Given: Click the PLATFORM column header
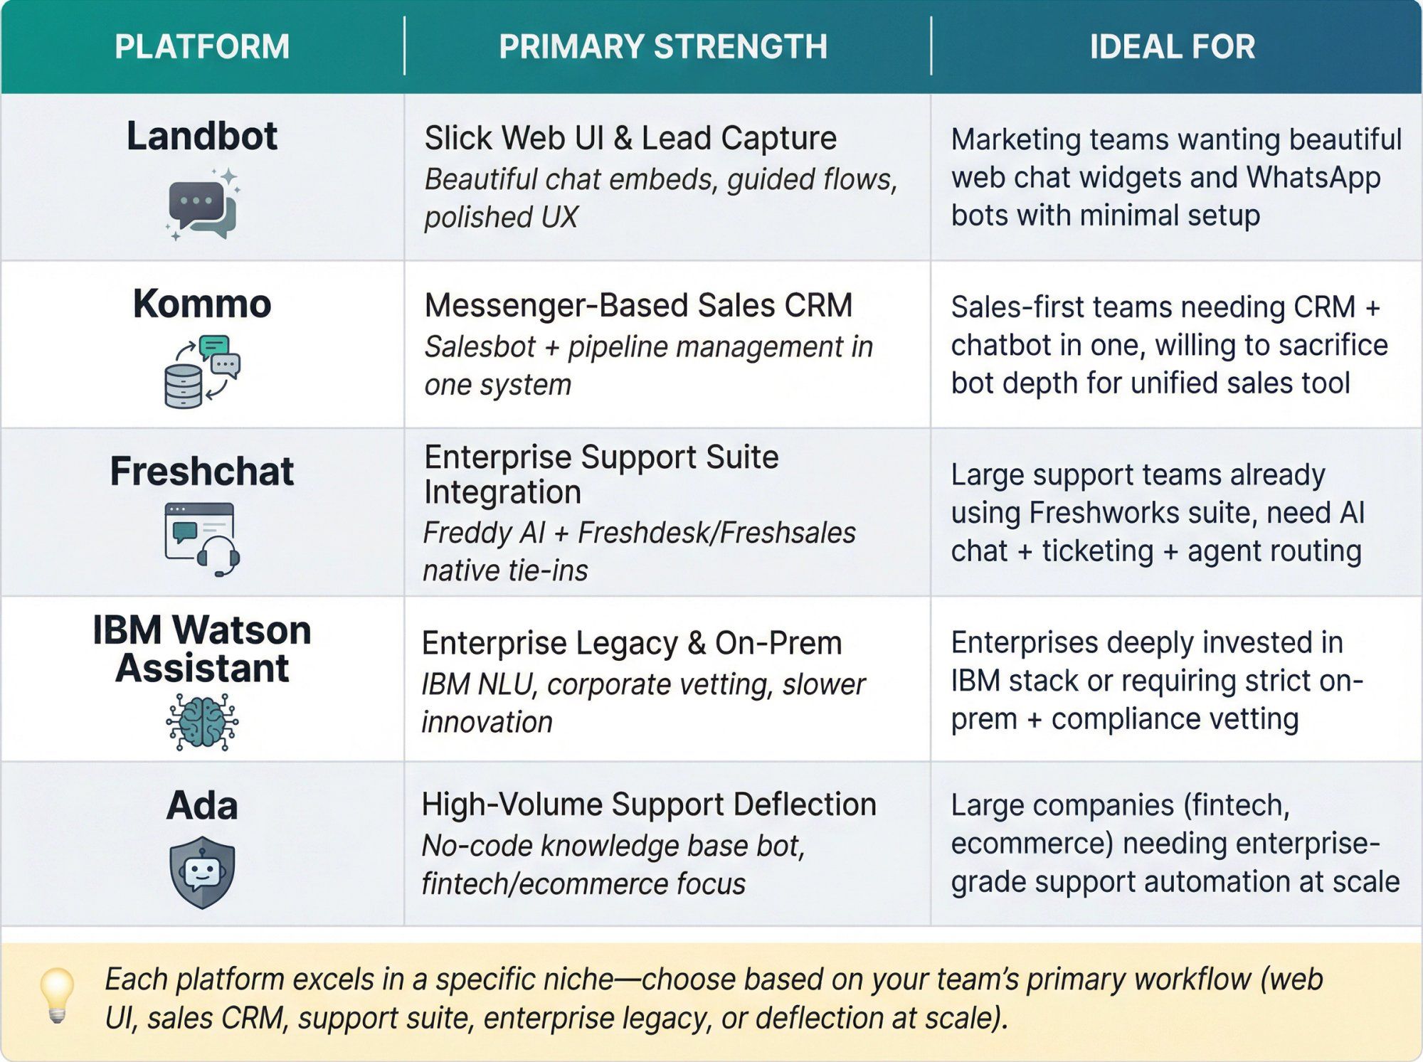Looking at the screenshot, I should tap(202, 47).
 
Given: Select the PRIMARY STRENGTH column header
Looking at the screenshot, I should tap(663, 47).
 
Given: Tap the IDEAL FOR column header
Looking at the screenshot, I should tap(1173, 47).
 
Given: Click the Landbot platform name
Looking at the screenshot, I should tap(202, 136).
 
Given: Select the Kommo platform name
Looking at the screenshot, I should tap(202, 304).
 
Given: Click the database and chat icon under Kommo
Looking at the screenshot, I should tap(202, 371).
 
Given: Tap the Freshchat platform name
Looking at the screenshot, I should tap(202, 471).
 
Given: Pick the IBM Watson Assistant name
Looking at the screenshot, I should tap(202, 649).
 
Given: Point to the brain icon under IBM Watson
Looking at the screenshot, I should tap(202, 722).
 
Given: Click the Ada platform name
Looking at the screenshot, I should tap(202, 806).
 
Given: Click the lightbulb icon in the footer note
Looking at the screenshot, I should tap(57, 994).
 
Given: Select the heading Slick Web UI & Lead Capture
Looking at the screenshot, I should tap(630, 138).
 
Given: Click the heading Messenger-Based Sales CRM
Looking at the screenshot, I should tap(638, 305).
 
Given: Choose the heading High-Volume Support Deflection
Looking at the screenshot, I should tap(648, 805).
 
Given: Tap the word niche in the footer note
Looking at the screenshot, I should tap(578, 979).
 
